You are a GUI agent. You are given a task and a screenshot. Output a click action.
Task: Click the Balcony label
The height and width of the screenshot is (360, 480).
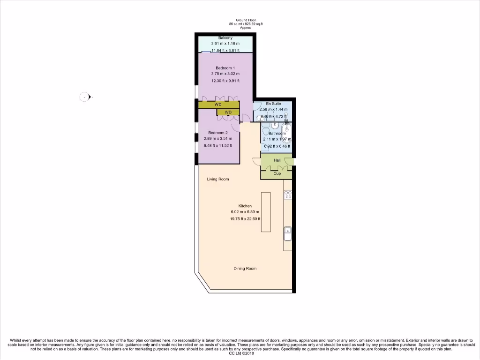click(x=225, y=38)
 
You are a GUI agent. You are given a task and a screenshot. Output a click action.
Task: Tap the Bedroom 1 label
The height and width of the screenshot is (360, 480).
click(x=225, y=68)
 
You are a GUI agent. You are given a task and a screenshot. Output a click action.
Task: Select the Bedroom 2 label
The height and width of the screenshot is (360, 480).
click(x=217, y=133)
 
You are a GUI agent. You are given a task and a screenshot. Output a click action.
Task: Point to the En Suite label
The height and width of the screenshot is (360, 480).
click(x=273, y=103)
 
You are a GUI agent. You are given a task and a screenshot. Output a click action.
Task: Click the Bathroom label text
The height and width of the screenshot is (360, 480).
click(x=277, y=134)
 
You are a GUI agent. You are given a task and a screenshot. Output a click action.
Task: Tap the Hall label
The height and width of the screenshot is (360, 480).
click(x=277, y=160)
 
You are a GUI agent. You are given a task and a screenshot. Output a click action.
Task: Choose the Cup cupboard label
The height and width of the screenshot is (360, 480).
click(x=277, y=173)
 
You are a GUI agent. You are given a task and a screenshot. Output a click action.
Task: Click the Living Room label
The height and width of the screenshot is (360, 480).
click(x=217, y=179)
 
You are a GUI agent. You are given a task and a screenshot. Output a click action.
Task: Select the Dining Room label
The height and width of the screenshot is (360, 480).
click(x=245, y=269)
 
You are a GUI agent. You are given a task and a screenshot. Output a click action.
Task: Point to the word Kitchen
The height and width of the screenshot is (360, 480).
click(x=245, y=206)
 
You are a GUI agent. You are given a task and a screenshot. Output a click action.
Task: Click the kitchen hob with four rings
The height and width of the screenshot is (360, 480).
click(x=288, y=195)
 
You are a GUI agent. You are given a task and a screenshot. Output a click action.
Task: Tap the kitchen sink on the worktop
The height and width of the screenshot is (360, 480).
click(x=288, y=232)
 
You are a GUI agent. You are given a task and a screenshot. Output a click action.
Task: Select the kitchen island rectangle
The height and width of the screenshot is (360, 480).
click(x=266, y=212)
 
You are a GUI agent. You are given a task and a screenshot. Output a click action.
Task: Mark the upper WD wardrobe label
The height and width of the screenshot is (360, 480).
click(x=218, y=105)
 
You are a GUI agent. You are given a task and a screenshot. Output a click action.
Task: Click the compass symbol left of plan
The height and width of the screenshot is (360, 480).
click(x=85, y=97)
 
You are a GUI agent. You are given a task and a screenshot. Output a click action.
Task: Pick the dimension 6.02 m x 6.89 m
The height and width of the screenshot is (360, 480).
click(x=245, y=212)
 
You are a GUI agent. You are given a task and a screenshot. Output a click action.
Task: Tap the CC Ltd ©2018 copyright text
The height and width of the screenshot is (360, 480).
click(x=240, y=354)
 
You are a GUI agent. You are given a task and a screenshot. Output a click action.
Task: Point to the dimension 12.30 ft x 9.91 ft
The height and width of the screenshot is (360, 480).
click(x=225, y=81)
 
